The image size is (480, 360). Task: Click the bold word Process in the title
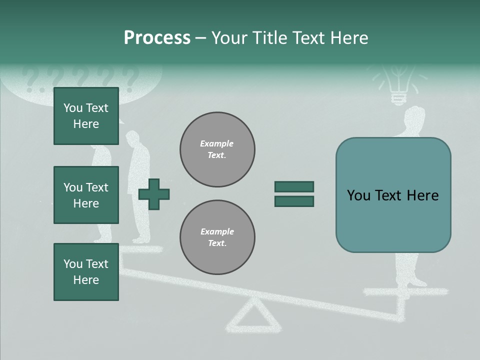tap(157, 37)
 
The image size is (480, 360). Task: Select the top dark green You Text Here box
tap(86, 116)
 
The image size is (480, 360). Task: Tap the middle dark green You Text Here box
tap(86, 195)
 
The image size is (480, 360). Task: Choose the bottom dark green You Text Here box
tap(86, 272)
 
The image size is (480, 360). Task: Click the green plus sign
tap(154, 194)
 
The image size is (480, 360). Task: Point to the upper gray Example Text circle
tap(217, 149)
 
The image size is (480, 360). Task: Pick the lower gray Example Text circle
tap(217, 237)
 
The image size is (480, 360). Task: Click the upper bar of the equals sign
tap(294, 186)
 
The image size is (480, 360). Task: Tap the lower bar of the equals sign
tap(294, 201)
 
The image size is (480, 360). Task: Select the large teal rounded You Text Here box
tap(393, 195)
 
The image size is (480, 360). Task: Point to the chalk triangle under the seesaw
tap(253, 315)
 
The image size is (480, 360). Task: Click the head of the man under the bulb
tap(414, 116)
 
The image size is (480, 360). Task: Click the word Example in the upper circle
tap(216, 143)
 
